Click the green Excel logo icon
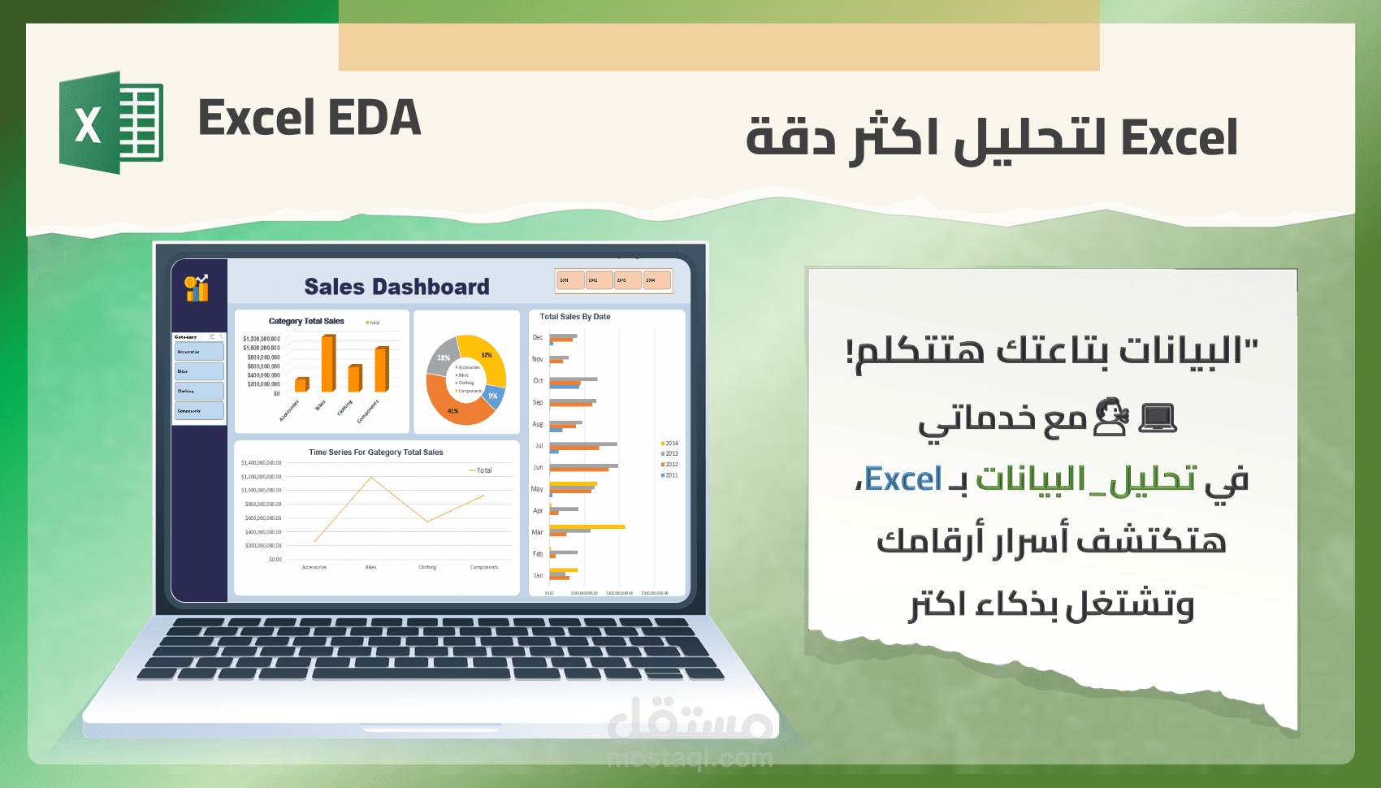coord(111,122)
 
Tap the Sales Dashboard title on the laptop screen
coord(396,287)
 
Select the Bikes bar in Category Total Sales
coord(328,363)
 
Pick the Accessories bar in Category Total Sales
coord(301,384)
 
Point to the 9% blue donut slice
coord(494,396)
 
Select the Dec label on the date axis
coord(538,337)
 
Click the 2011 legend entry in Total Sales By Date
coord(669,475)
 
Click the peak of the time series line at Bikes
coord(371,478)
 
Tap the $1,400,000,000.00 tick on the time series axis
coord(262,463)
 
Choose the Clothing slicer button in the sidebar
coord(198,391)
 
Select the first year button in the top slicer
coord(570,280)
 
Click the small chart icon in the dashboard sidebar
coord(197,288)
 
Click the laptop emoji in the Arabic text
coord(1157,418)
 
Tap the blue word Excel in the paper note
coord(903,479)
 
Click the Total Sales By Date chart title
coord(575,317)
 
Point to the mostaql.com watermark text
coord(690,759)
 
